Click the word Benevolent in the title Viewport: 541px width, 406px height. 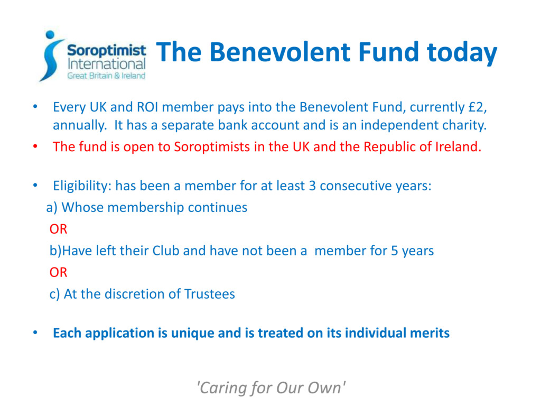pyautogui.click(x=281, y=52)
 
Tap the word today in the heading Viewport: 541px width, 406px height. pyautogui.click(x=462, y=53)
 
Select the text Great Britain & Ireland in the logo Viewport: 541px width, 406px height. pyautogui.click(x=106, y=76)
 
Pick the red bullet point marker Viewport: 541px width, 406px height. pyautogui.click(x=35, y=146)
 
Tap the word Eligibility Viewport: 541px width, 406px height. pyautogui.click(x=82, y=186)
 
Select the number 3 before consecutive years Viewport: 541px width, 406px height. pyautogui.click(x=312, y=186)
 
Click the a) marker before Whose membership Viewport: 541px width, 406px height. pyautogui.click(x=52, y=207)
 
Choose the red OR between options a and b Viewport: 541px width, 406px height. pyautogui.click(x=58, y=229)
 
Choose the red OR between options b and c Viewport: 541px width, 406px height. pyautogui.click(x=58, y=272)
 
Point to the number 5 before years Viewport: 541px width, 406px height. pyautogui.click(x=394, y=251)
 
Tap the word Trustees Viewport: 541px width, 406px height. pyautogui.click(x=209, y=294)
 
